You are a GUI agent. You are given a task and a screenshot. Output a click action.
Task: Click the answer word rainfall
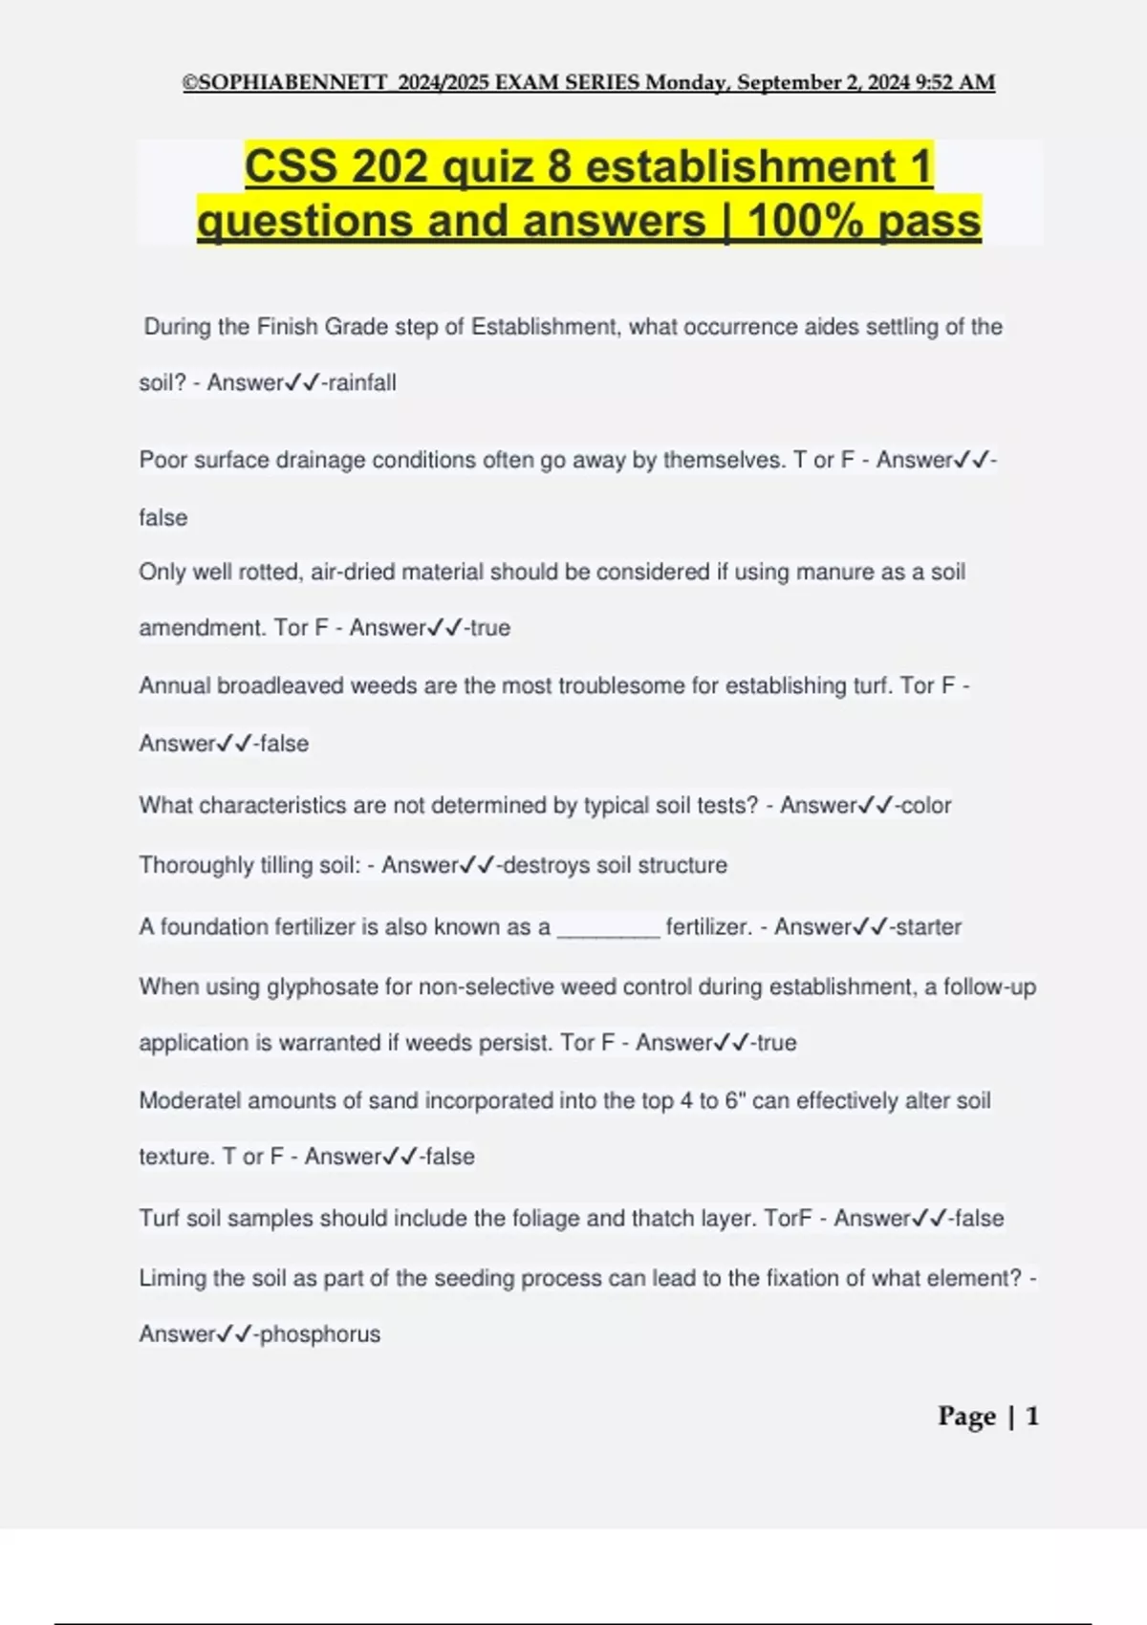pos(362,382)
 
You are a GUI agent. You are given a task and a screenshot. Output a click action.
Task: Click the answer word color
pos(926,805)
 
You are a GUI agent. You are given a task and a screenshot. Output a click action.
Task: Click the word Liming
pos(173,1278)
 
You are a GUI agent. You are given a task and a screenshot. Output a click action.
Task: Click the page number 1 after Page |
pos(1032,1416)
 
